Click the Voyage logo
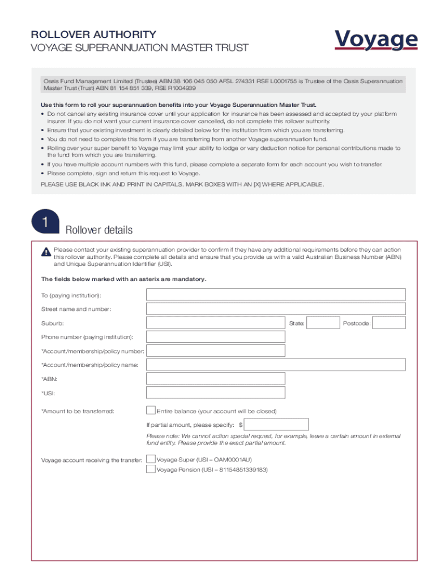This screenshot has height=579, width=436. [x=376, y=40]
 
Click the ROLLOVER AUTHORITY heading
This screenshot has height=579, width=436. [x=93, y=34]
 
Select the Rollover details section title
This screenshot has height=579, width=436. [x=99, y=230]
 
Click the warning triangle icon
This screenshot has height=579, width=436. [x=46, y=252]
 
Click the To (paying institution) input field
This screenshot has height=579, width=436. [x=276, y=295]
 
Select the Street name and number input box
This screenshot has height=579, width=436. [x=276, y=309]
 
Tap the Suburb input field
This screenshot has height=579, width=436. [x=216, y=323]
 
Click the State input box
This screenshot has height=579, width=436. [x=324, y=323]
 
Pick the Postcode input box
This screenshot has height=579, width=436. [x=389, y=323]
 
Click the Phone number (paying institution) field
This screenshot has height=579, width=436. [x=216, y=337]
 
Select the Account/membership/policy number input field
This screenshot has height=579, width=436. [x=216, y=351]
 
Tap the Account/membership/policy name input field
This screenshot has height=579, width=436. [x=276, y=365]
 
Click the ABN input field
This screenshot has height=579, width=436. [x=216, y=379]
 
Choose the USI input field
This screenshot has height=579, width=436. [x=216, y=393]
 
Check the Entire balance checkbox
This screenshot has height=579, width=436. [x=151, y=411]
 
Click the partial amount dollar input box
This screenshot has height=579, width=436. [x=276, y=425]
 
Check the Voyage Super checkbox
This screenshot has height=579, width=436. [x=151, y=459]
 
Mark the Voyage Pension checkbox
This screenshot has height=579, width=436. [x=151, y=469]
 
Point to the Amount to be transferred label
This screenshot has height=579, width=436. [x=78, y=411]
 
